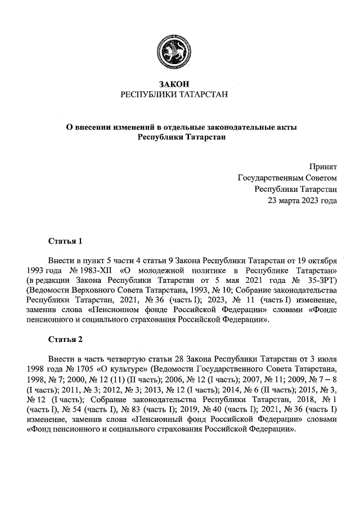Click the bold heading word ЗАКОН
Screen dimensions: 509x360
tap(175, 84)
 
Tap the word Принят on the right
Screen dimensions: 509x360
tap(323, 167)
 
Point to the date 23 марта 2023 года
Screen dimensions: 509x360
tap(302, 200)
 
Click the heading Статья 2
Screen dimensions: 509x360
tap(66, 339)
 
